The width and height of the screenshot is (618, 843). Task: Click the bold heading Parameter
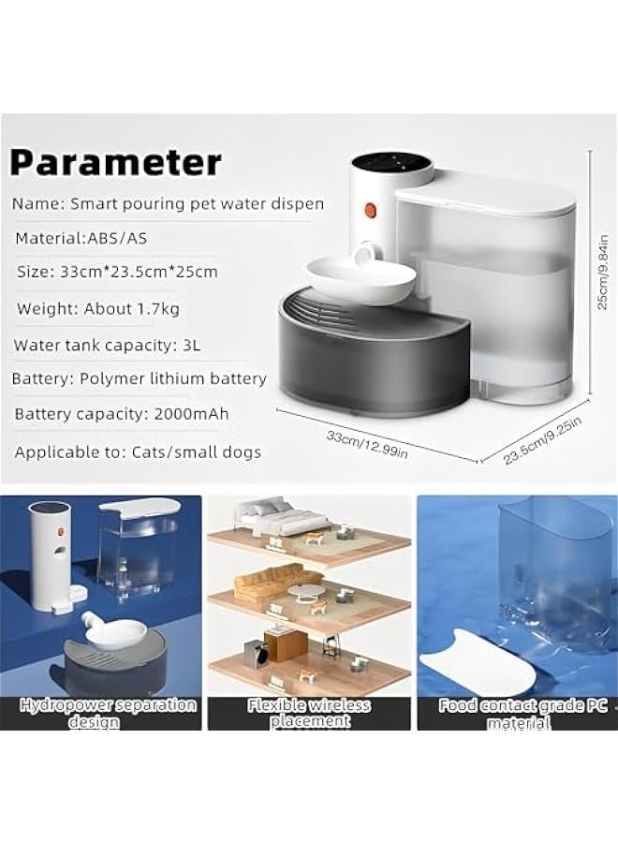[116, 162]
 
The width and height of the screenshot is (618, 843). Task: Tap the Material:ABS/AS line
[81, 239]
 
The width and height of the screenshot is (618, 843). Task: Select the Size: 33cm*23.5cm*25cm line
[116, 273]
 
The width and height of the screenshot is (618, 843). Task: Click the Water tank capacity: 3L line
[107, 345]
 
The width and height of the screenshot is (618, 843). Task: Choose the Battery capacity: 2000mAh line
[122, 414]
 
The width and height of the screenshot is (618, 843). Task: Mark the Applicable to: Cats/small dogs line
[138, 451]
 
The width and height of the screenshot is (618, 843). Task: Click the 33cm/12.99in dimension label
[367, 445]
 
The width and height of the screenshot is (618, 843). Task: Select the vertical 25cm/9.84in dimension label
[603, 271]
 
